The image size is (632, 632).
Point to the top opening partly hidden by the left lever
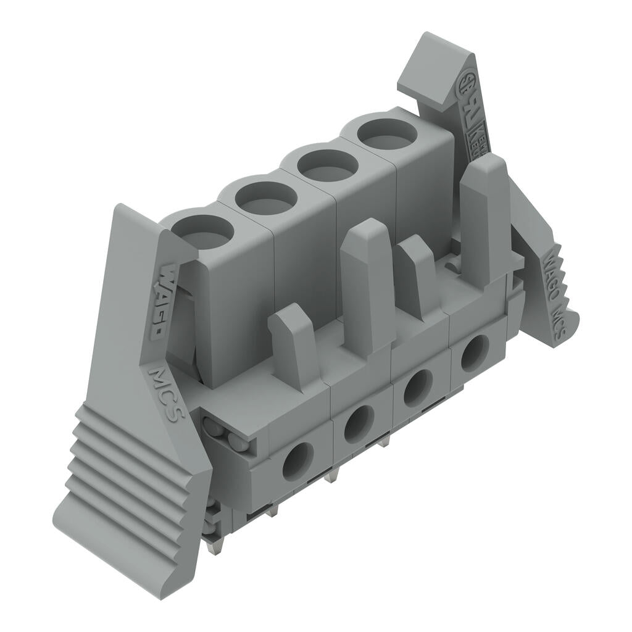(x=203, y=231)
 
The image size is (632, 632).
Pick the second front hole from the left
(x=359, y=424)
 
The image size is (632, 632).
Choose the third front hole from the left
(x=418, y=387)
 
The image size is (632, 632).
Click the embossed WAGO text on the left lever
(x=159, y=299)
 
